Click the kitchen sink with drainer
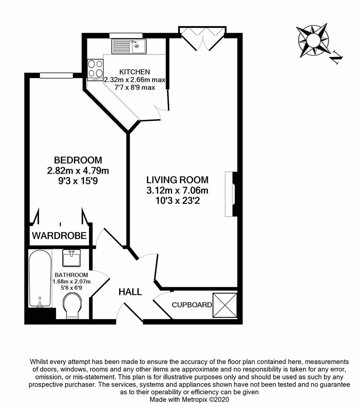129,46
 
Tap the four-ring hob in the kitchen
95,70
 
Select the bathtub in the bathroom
40,278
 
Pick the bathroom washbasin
71,258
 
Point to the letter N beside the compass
337,58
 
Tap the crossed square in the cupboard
225,305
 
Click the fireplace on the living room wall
231,194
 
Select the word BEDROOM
78,160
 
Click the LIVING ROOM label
177,180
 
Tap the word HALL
130,292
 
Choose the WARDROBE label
59,236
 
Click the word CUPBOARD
192,305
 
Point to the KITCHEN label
135,72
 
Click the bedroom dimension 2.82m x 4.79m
78,171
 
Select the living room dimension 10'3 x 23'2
177,201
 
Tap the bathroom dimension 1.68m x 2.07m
71,282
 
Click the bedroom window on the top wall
56,75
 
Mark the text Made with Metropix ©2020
189,400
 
